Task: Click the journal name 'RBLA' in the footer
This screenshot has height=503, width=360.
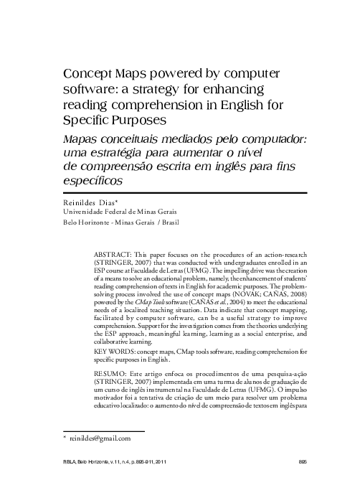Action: (x=72, y=481)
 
